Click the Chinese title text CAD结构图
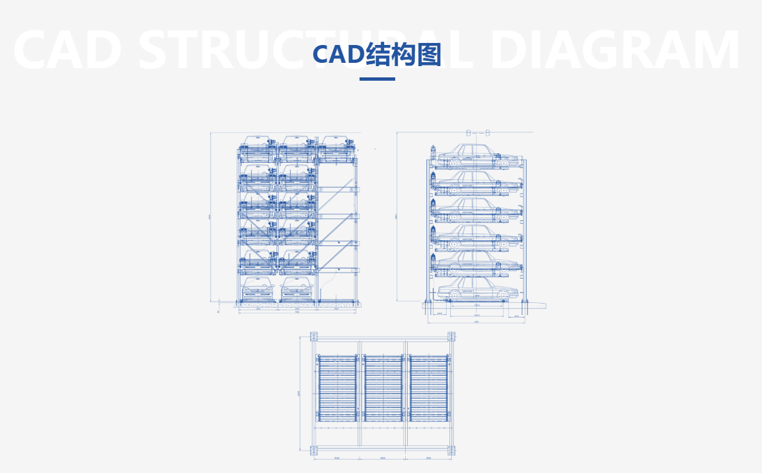[x=377, y=54]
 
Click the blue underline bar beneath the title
[x=377, y=79]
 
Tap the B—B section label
[x=478, y=133]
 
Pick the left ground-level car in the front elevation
[x=257, y=290]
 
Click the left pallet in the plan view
[x=337, y=388]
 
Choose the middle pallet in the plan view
[x=383, y=388]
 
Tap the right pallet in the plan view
[x=428, y=388]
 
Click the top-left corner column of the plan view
[x=314, y=335]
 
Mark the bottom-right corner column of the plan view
[x=452, y=451]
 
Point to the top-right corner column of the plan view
[x=452, y=335]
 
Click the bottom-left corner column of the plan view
[x=314, y=451]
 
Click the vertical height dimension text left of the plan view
[x=299, y=394]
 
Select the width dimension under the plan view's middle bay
[x=383, y=458]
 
